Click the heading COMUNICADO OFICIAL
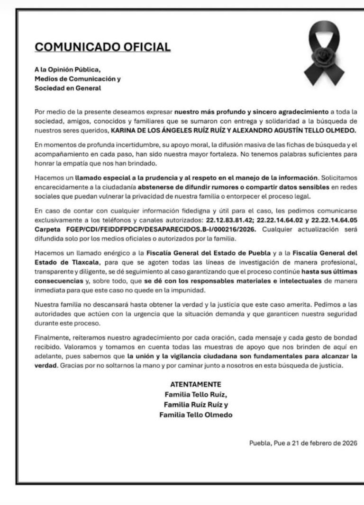(x=103, y=47)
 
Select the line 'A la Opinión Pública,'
(x=67, y=70)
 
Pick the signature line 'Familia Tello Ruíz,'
(x=196, y=394)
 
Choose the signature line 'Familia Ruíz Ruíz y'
(x=196, y=405)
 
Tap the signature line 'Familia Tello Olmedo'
(x=196, y=415)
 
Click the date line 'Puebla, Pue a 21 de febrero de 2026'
(x=303, y=443)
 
